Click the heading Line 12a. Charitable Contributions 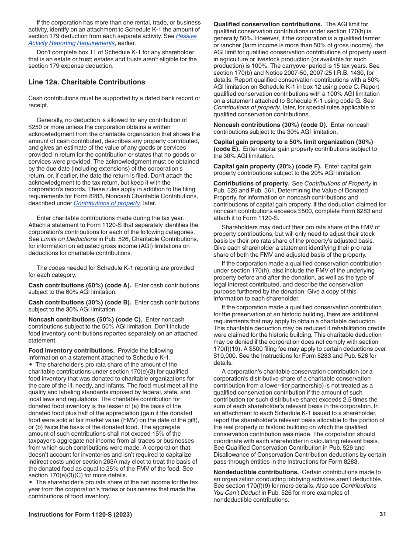(x=86, y=82)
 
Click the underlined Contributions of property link (x=107, y=203)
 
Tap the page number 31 (x=383, y=514)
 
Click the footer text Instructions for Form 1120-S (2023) (x=80, y=514)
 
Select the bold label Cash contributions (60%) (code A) (x=80, y=285)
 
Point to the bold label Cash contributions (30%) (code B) (x=80, y=302)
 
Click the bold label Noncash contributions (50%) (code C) (x=85, y=319)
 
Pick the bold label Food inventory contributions (x=71, y=350)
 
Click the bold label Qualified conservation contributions (x=267, y=24)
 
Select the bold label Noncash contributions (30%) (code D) (x=270, y=125)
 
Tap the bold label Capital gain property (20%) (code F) (x=267, y=166)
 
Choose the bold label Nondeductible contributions (x=256, y=472)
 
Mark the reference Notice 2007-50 (x=279, y=73)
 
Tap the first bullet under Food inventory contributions (x=31, y=364)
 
